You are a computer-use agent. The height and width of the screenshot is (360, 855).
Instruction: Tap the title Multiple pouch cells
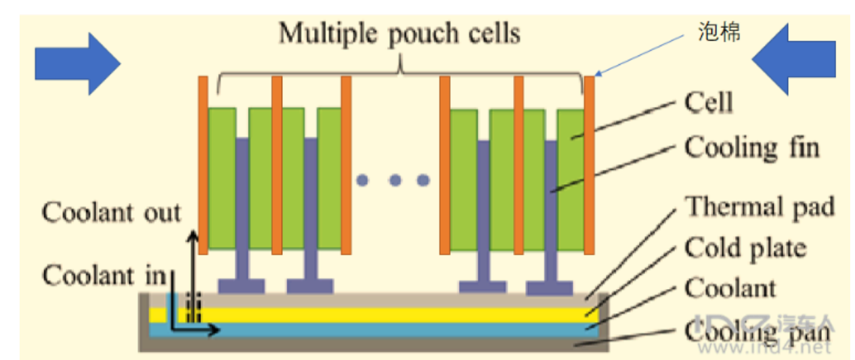[399, 32]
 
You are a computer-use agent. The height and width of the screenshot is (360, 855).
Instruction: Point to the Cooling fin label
[752, 147]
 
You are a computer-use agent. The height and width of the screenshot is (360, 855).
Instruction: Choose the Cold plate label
[745, 248]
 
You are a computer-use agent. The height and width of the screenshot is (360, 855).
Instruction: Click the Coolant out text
[112, 212]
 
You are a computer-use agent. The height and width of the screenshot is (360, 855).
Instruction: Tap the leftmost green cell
[221, 177]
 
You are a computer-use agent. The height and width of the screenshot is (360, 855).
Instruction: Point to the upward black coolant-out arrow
[193, 271]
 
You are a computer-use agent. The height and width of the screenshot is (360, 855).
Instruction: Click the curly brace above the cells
[399, 71]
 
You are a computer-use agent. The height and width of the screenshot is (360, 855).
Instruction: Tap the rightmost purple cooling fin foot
[549, 287]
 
